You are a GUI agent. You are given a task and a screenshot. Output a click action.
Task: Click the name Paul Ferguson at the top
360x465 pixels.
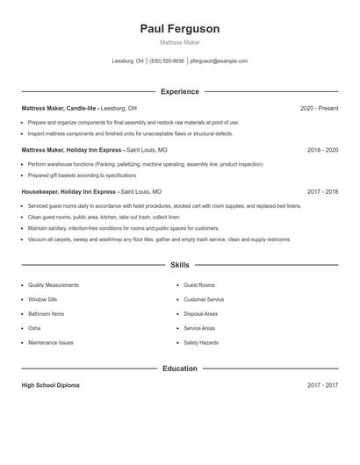coord(180,29)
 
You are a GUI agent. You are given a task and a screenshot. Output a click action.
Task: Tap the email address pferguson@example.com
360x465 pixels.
coord(219,61)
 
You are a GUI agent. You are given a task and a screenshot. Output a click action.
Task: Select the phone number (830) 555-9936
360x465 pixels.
coord(167,61)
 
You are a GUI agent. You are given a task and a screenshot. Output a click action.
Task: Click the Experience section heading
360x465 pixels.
coord(180,91)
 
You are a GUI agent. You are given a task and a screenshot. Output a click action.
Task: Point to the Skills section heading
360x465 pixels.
coord(180,264)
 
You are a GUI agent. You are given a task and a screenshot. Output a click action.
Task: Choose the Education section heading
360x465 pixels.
coord(180,368)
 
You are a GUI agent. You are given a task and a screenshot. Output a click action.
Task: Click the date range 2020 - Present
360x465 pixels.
coord(319,108)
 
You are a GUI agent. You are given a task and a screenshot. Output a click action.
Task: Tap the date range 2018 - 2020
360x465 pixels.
coord(322,150)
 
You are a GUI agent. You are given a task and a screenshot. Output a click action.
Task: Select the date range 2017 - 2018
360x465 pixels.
coord(322,191)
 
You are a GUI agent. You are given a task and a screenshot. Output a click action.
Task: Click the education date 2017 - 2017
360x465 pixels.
coord(322,385)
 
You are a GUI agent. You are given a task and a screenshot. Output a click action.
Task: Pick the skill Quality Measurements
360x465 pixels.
coord(54,285)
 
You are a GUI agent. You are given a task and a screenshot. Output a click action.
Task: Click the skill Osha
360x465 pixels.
coord(35,328)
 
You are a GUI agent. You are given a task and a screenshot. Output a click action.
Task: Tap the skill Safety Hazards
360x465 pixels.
coord(201,342)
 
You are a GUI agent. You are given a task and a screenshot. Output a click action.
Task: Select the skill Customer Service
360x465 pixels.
coord(204,299)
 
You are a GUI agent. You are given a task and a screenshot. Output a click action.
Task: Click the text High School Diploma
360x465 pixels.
coord(51,385)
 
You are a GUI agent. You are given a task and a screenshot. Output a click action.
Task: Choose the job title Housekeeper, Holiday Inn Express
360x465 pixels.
coord(68,191)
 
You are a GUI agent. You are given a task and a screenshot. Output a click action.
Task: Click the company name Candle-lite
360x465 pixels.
coord(80,108)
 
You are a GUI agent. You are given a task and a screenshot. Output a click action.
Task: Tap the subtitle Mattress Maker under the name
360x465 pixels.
coord(180,42)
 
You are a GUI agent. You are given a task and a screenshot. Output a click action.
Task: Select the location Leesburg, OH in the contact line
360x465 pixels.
coord(128,61)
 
